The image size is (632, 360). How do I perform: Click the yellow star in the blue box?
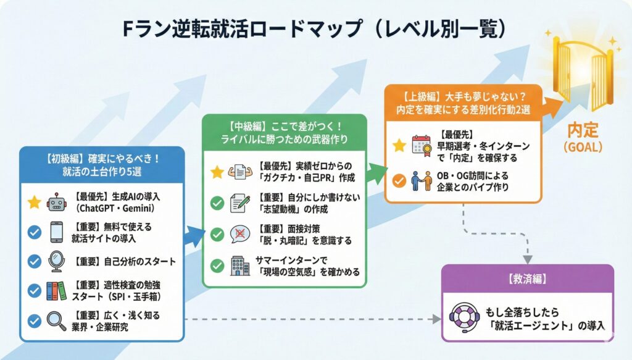point(35,201)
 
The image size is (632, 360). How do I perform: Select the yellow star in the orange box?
point(399,146)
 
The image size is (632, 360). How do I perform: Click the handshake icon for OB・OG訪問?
point(423,180)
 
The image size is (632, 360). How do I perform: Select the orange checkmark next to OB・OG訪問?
point(399,180)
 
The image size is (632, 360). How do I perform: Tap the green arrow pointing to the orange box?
point(373,174)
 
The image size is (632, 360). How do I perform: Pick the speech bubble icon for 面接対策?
point(240,235)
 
